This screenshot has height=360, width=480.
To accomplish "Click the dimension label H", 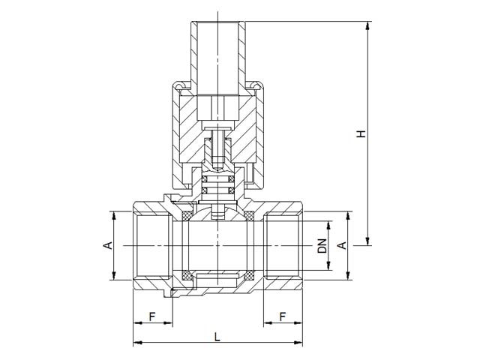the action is click(361, 133).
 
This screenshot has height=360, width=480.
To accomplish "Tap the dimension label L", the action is click(217, 337).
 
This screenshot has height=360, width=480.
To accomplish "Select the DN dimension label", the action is click(322, 246).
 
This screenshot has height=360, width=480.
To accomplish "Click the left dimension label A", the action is click(108, 245).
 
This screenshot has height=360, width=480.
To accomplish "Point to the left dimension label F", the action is click(152, 316).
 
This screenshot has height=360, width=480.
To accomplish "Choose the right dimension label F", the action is click(283, 316).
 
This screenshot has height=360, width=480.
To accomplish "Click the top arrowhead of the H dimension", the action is click(367, 25).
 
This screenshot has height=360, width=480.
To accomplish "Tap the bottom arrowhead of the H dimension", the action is click(367, 241).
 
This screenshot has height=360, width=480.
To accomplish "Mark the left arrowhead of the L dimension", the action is click(137, 342).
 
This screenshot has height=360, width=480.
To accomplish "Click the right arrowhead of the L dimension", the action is click(298, 342).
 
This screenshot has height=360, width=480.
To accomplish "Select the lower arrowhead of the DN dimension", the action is click(328, 266).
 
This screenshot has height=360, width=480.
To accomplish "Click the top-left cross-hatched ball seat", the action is click(187, 215).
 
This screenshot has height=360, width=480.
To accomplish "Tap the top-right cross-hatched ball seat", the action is click(249, 215).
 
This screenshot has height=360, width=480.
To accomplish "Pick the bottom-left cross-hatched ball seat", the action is click(187, 275).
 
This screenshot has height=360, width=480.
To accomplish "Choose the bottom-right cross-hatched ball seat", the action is click(249, 275).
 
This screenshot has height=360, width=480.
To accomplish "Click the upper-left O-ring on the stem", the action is click(205, 179).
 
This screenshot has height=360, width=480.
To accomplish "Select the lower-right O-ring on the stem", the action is click(231, 190).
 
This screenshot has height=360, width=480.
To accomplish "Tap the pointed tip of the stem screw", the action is click(217, 170).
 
